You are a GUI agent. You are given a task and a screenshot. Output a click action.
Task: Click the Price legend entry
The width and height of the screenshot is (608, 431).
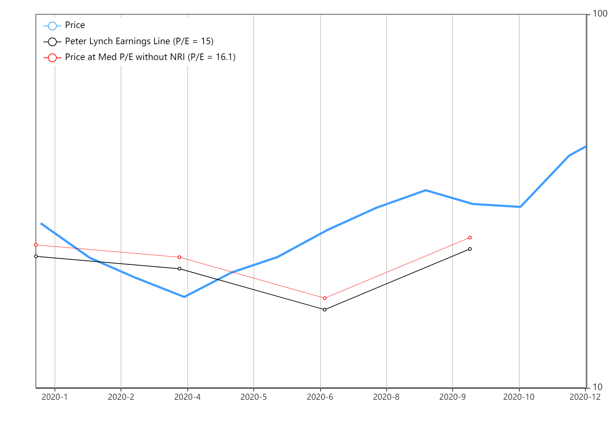75,25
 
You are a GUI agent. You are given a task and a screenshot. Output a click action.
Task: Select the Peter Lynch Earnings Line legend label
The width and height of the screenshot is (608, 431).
139,41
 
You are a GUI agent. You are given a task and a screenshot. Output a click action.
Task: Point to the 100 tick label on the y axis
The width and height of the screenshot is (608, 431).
600,14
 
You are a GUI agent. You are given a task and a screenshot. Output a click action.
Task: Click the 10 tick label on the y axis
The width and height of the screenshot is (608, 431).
597,387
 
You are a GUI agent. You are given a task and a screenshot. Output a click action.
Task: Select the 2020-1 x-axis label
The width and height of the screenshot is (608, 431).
55,397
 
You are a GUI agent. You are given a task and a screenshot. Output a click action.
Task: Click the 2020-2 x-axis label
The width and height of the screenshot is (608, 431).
121,397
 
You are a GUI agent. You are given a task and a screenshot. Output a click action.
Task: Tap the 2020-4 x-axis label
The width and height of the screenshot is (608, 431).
187,397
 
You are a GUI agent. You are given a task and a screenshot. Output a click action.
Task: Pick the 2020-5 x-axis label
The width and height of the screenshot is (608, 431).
253,397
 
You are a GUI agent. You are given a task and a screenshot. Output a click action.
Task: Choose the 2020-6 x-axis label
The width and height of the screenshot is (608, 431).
320,397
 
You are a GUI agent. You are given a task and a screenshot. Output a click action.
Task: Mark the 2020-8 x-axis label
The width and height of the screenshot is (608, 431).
386,397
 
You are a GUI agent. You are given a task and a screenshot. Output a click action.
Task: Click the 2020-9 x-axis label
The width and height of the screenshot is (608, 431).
452,397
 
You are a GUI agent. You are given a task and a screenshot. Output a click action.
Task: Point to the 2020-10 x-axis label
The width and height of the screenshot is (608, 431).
519,397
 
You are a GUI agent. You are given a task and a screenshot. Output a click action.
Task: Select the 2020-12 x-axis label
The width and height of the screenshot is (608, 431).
585,397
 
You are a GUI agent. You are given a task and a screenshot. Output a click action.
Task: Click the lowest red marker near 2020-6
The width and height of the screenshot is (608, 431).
325,298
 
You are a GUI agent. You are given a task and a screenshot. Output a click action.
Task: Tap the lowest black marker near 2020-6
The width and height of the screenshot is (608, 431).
325,310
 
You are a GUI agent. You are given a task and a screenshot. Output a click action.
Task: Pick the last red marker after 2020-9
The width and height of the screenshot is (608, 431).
470,237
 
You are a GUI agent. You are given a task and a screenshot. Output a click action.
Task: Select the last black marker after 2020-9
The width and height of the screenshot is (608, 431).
470,249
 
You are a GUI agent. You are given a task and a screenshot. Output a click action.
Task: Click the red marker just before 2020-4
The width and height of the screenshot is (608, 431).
179,257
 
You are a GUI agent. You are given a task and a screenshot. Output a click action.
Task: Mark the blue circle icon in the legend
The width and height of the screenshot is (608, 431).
52,26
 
